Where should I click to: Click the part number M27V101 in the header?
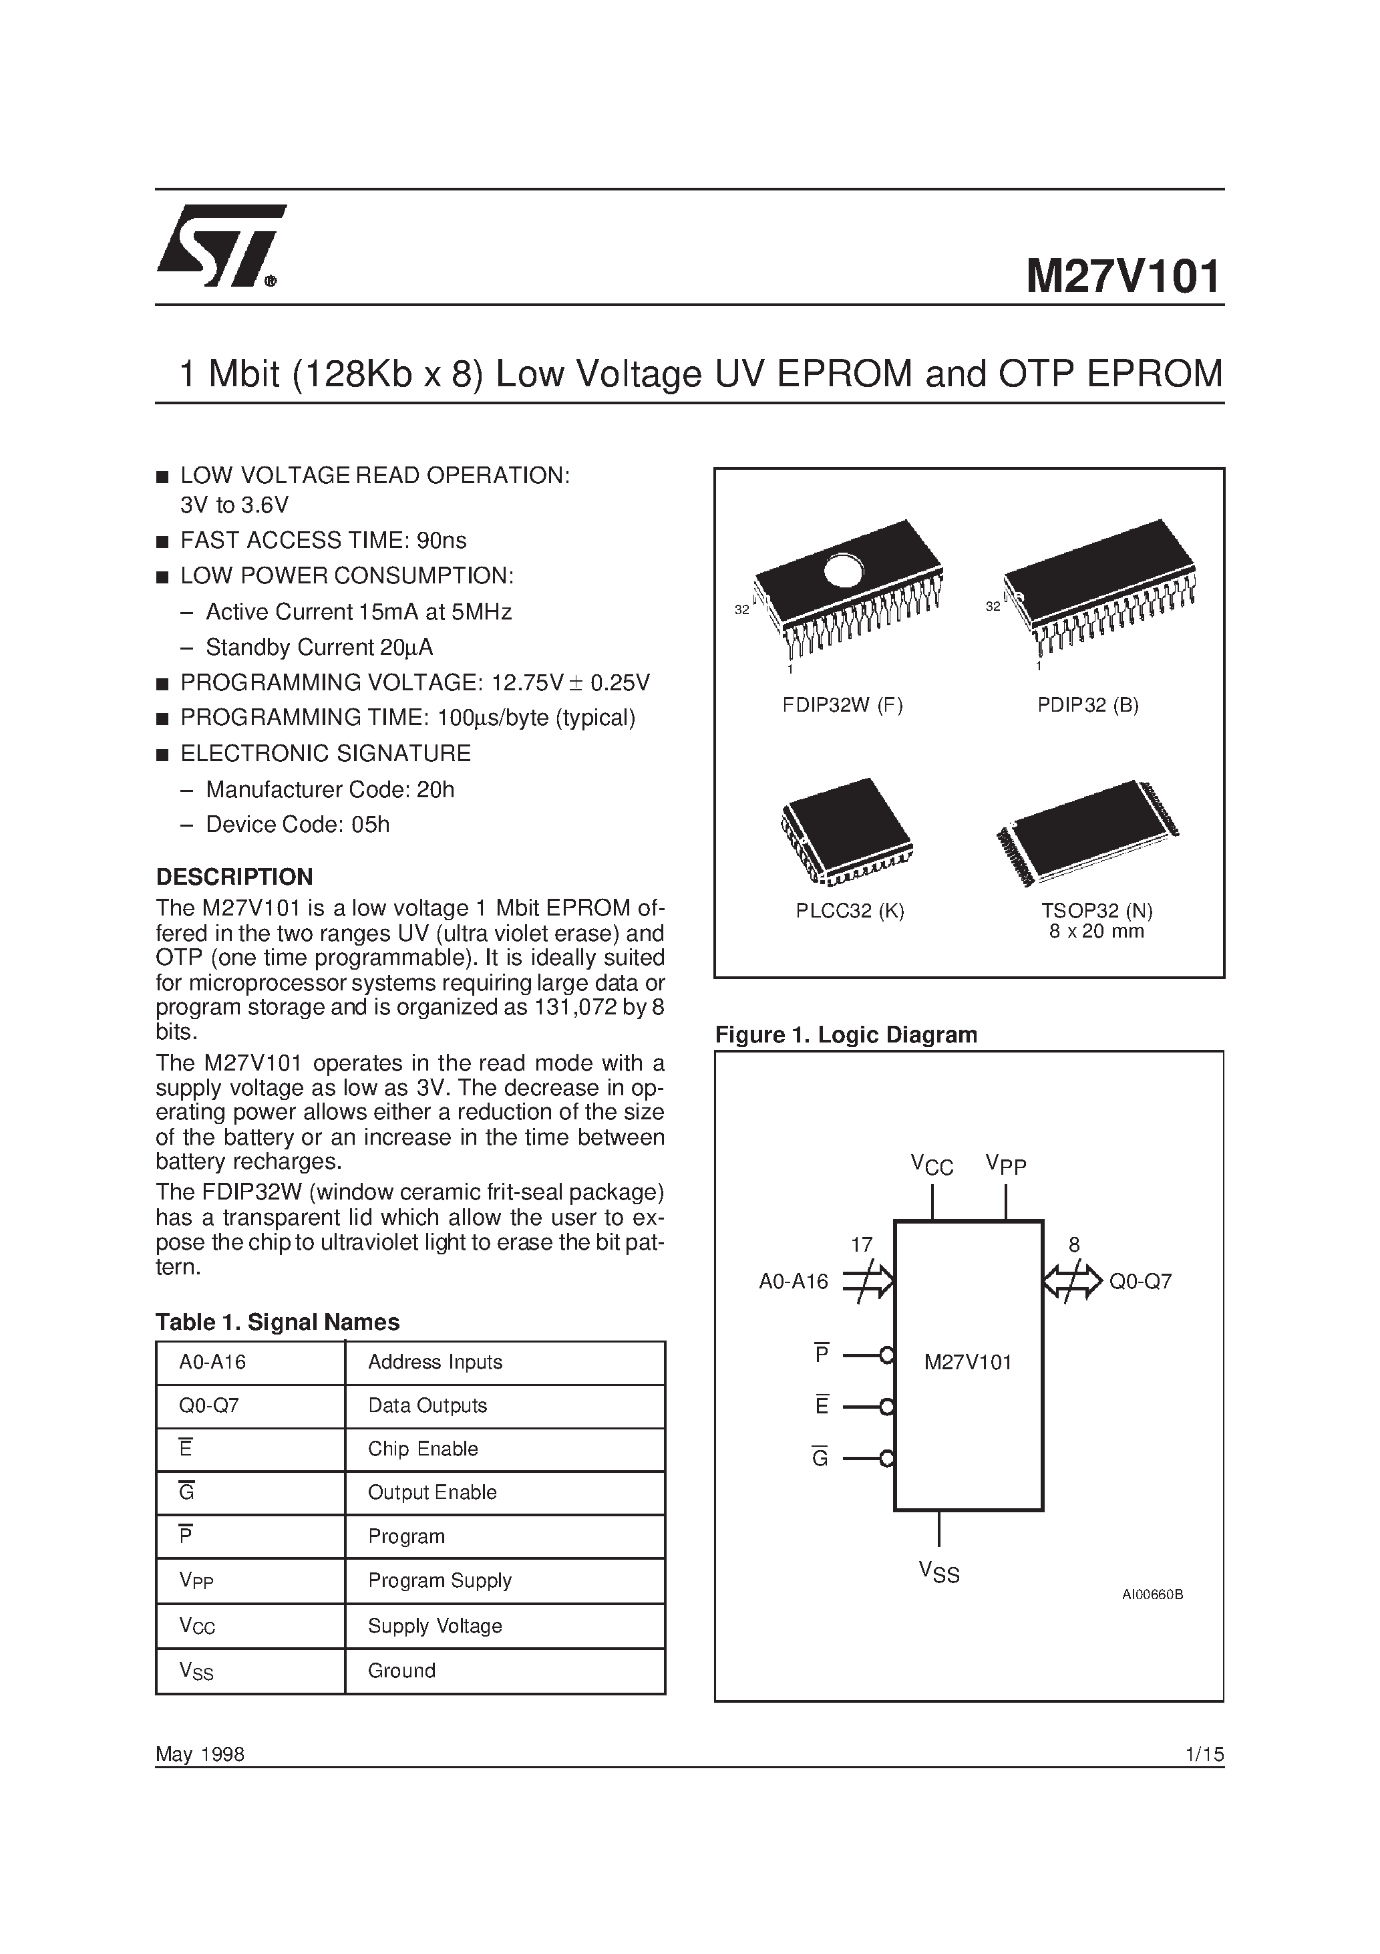point(1122,277)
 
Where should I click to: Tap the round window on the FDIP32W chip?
point(843,569)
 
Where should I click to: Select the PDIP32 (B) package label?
point(1087,704)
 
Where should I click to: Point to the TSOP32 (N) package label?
point(1097,911)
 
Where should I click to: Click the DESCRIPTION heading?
point(234,877)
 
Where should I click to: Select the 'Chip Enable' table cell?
point(423,1449)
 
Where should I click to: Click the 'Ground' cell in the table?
point(401,1671)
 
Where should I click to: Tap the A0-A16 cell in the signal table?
point(212,1362)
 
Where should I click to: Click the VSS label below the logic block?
point(938,1572)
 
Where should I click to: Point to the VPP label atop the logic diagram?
point(1006,1164)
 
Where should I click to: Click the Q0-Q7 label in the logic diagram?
point(1140,1282)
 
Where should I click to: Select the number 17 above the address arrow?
point(861,1245)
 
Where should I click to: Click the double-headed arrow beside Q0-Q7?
point(1072,1281)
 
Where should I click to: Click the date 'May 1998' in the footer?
point(200,1754)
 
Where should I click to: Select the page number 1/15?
point(1203,1754)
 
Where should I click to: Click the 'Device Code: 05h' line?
point(297,825)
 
